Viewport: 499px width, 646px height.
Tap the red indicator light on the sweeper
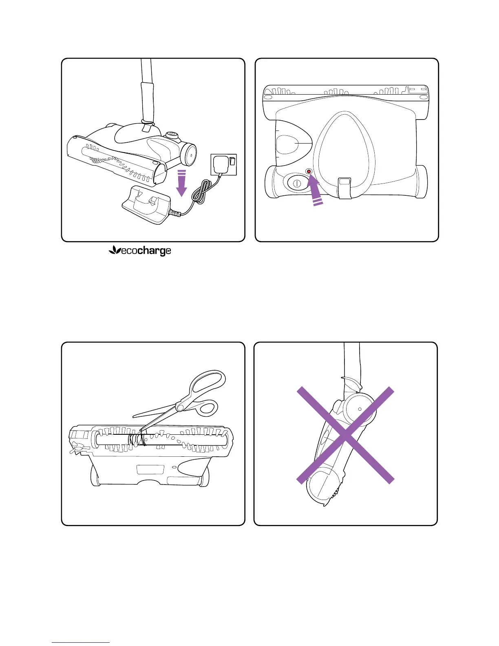pyautogui.click(x=309, y=172)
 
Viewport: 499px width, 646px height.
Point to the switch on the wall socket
pyautogui.click(x=232, y=161)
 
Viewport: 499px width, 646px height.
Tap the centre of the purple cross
pyautogui.click(x=345, y=435)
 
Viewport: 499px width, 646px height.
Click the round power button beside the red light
pyautogui.click(x=296, y=183)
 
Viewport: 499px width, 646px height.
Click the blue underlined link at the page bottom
pyautogui.click(x=81, y=642)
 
